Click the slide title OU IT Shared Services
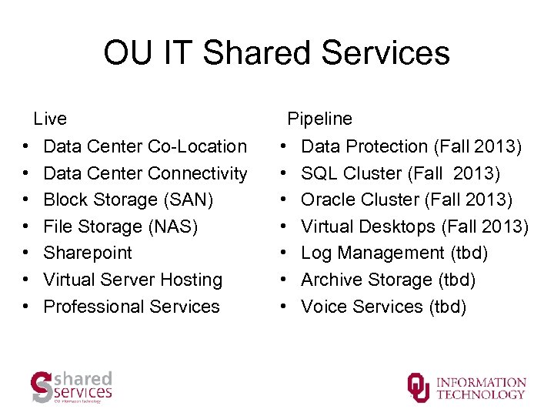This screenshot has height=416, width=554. (276, 53)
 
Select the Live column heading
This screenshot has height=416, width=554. (50, 119)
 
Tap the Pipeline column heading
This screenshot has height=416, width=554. (319, 119)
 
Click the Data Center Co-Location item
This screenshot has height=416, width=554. (145, 146)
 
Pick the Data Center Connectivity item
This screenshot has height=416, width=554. (145, 173)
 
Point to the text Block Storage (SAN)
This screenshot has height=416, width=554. (128, 200)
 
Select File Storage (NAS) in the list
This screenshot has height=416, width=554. (121, 226)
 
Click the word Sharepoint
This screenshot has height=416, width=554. (88, 253)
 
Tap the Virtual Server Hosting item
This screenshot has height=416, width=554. (132, 280)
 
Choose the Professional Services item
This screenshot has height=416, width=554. (132, 307)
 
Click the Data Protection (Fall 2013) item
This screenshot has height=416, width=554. (411, 146)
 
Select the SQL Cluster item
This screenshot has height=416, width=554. (400, 173)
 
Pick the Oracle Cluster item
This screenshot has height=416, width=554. (406, 200)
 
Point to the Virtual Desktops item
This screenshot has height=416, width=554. (415, 226)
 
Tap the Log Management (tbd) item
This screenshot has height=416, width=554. (394, 253)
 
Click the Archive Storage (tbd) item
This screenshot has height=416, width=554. (388, 280)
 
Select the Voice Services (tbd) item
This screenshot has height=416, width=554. (383, 307)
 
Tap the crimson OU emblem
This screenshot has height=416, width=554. (419, 387)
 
